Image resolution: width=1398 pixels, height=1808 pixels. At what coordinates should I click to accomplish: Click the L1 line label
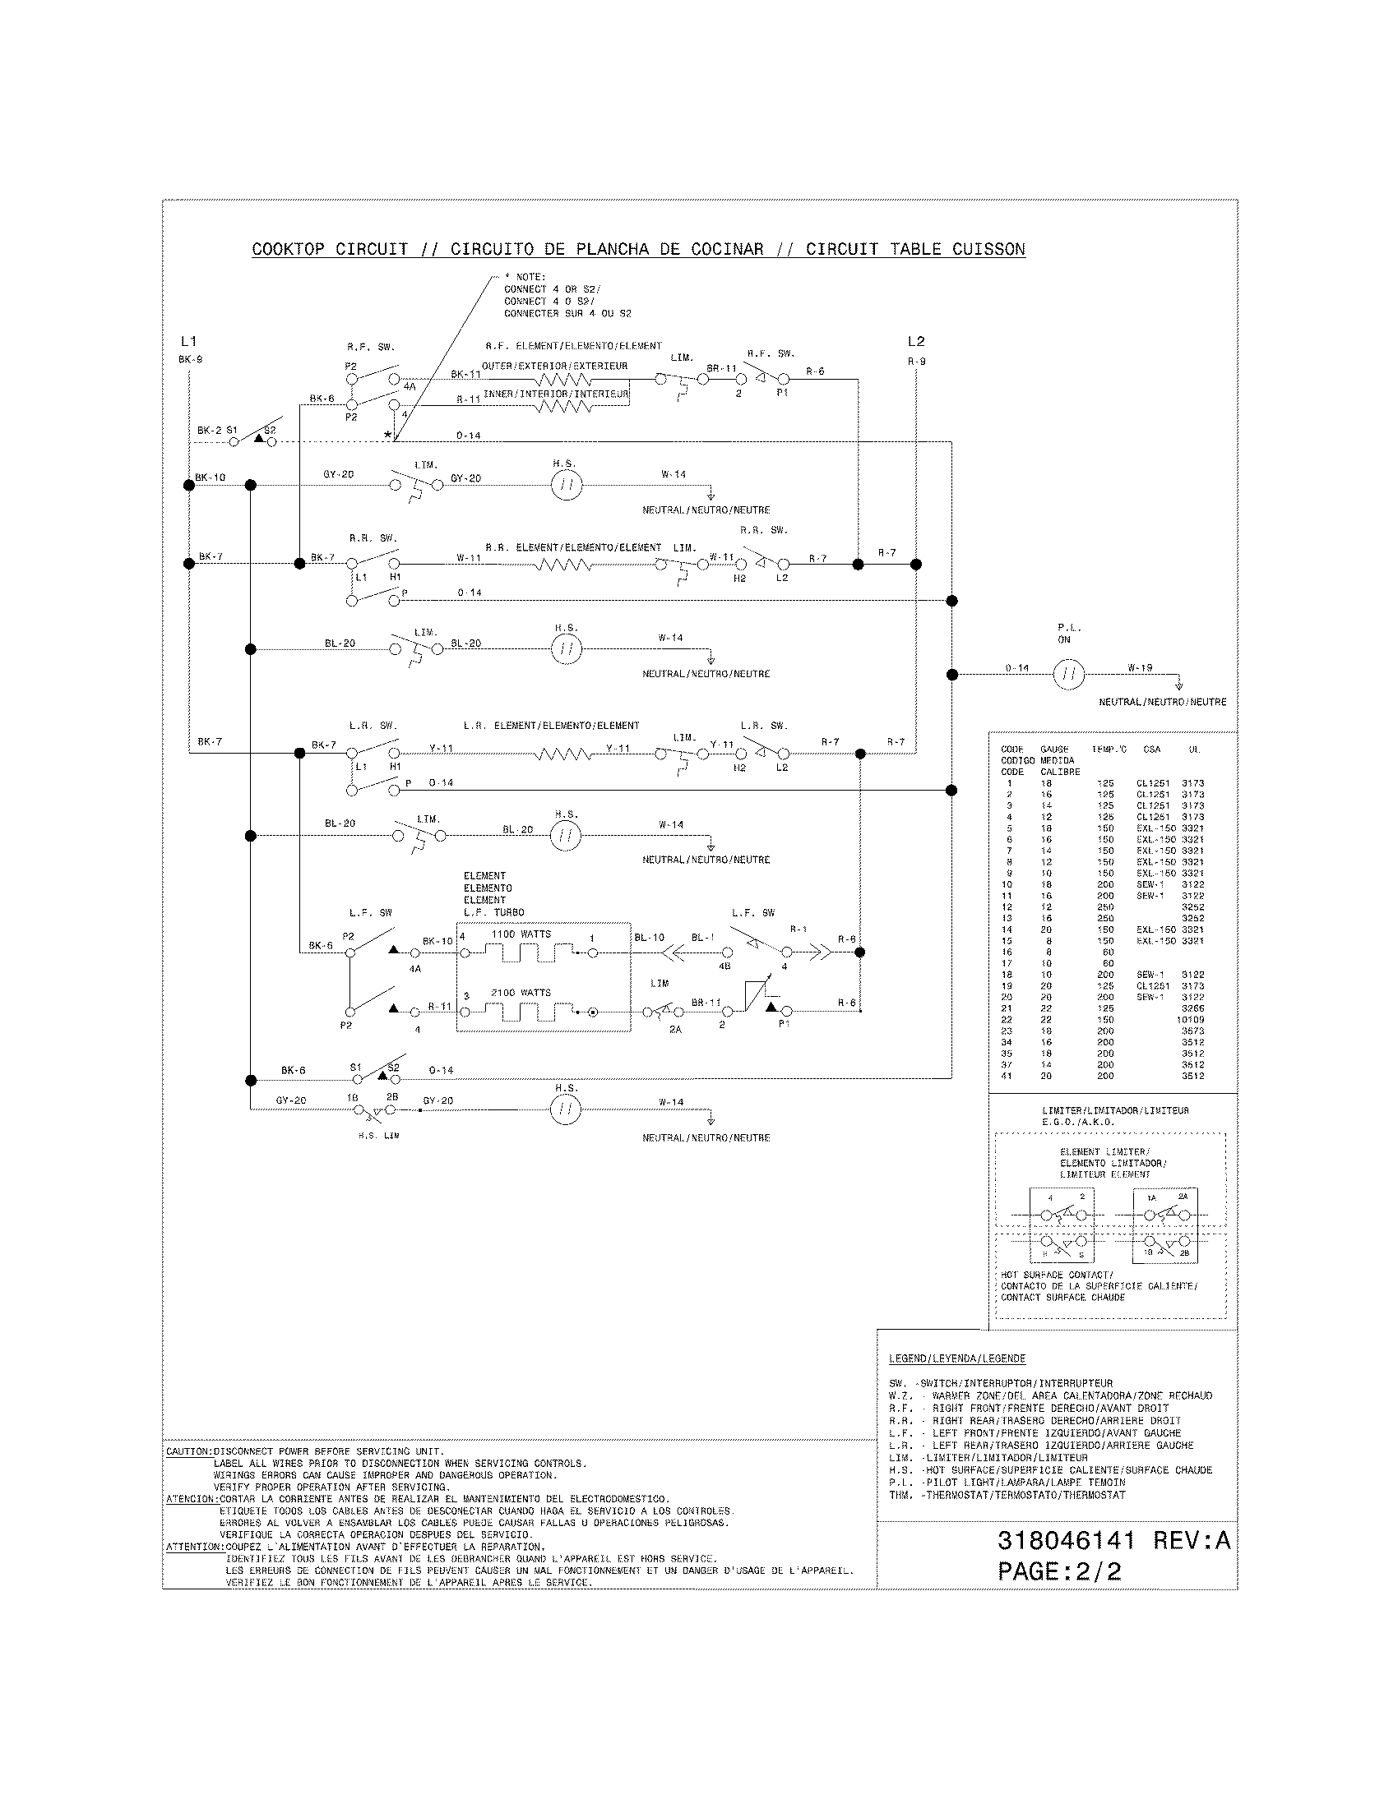pos(188,341)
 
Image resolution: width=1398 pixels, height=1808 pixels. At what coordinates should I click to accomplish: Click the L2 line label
pos(915,341)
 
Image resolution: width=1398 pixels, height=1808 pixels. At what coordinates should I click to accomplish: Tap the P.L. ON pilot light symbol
pos(1068,675)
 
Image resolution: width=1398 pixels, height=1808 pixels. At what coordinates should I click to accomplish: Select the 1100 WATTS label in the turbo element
pos(521,934)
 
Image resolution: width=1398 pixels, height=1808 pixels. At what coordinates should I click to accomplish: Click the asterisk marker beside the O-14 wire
pos(387,436)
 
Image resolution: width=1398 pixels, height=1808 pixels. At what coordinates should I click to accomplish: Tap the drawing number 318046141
pos(1066,1541)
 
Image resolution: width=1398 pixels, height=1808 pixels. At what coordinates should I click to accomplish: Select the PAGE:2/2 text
pos(1059,1571)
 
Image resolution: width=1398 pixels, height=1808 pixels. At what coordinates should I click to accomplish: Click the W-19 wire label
pos(1140,667)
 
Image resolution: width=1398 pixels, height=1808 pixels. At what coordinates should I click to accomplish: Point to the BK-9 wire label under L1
pos(190,360)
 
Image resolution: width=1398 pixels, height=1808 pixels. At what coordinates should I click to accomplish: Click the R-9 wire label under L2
pos(916,361)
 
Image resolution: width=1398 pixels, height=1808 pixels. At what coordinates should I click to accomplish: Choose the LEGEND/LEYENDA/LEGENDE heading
pos(956,1358)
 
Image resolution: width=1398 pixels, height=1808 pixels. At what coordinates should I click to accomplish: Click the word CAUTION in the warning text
pos(189,1451)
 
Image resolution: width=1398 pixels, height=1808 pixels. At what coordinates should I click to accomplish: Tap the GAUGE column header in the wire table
pos(1054,749)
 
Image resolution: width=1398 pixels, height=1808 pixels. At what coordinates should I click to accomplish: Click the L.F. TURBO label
pos(493,912)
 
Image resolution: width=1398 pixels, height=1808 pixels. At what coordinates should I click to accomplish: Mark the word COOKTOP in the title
pos(288,249)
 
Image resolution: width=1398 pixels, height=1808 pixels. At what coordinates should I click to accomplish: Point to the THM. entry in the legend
pos(900,1496)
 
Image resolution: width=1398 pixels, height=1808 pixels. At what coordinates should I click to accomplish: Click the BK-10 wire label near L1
pos(211,477)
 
